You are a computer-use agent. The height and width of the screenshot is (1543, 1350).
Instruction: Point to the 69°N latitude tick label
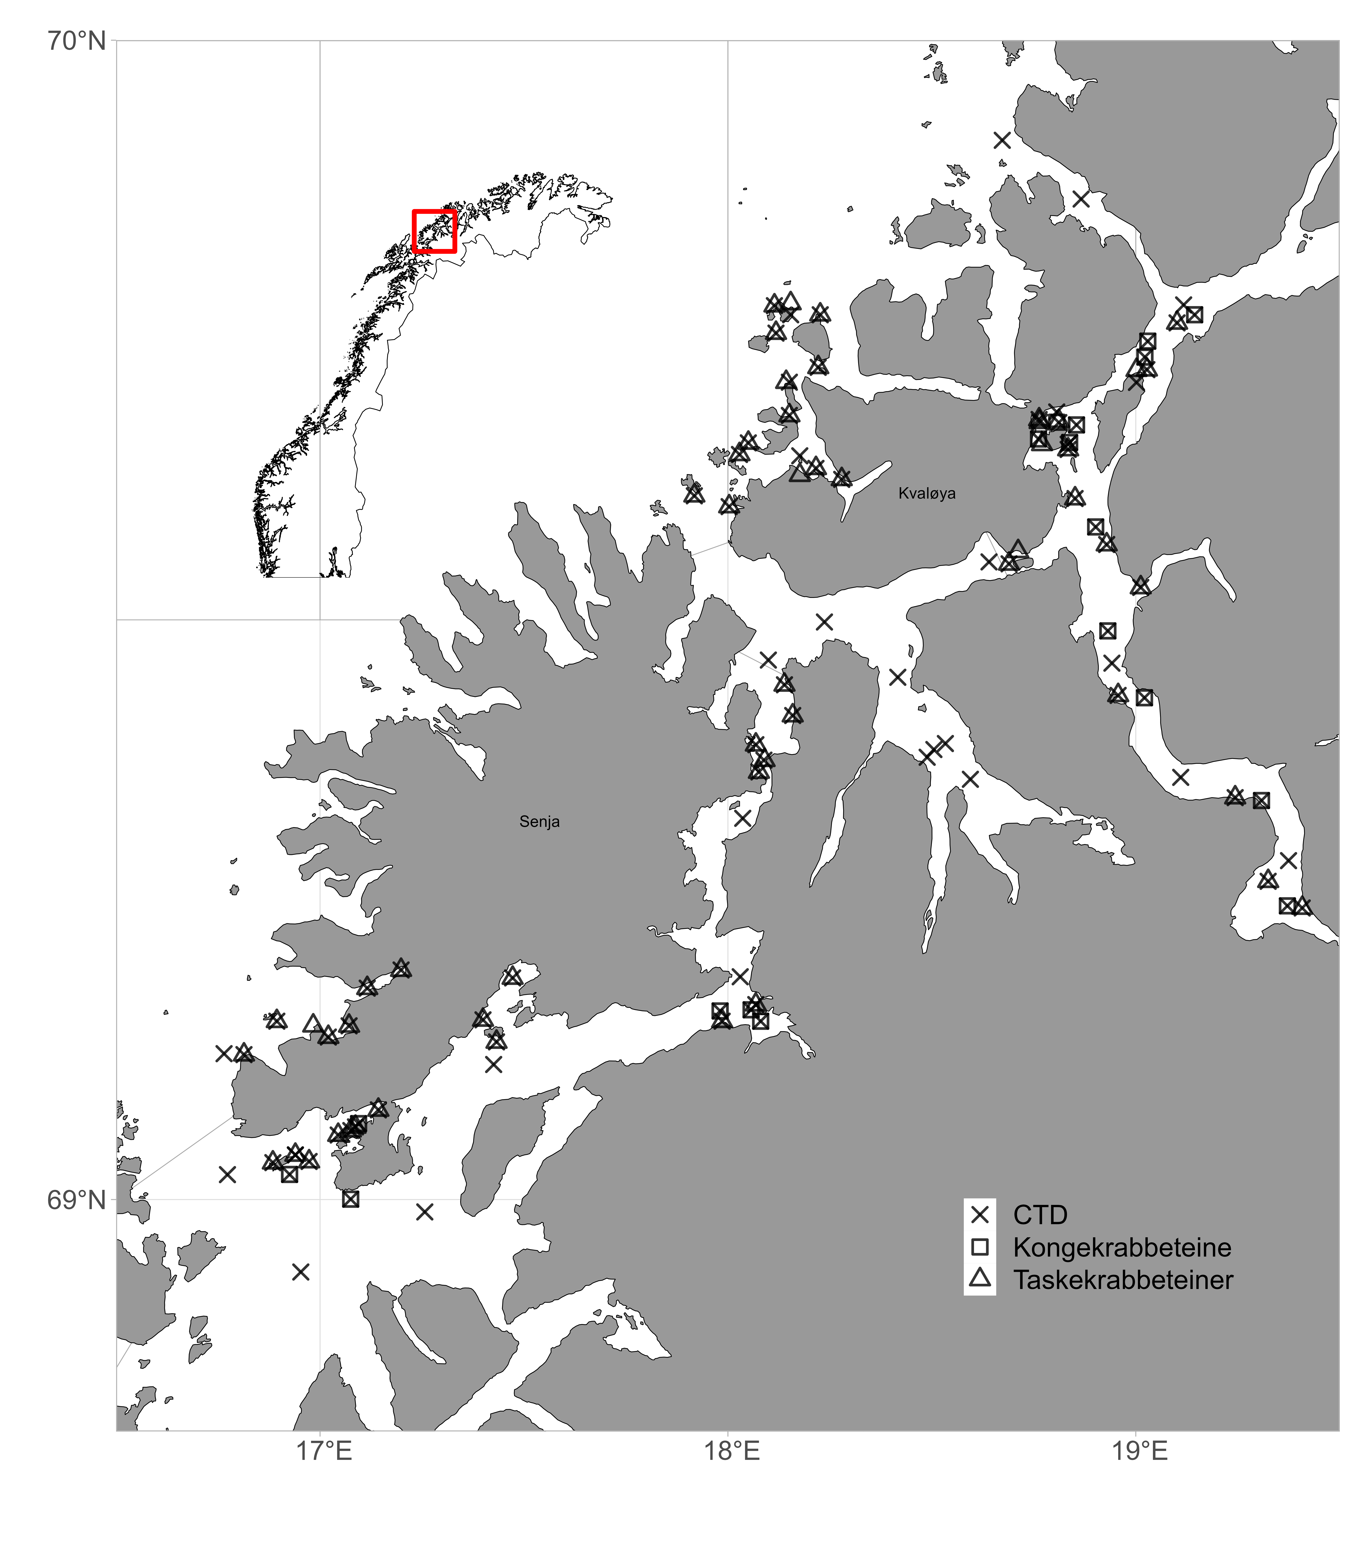pyautogui.click(x=78, y=1200)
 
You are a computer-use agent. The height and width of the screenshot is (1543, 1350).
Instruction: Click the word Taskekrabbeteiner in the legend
pyautogui.click(x=1122, y=1280)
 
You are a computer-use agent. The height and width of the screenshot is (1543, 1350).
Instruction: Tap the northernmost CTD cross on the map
pyautogui.click(x=1002, y=140)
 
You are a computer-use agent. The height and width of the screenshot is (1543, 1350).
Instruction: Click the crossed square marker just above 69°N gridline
pyautogui.click(x=350, y=1199)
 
